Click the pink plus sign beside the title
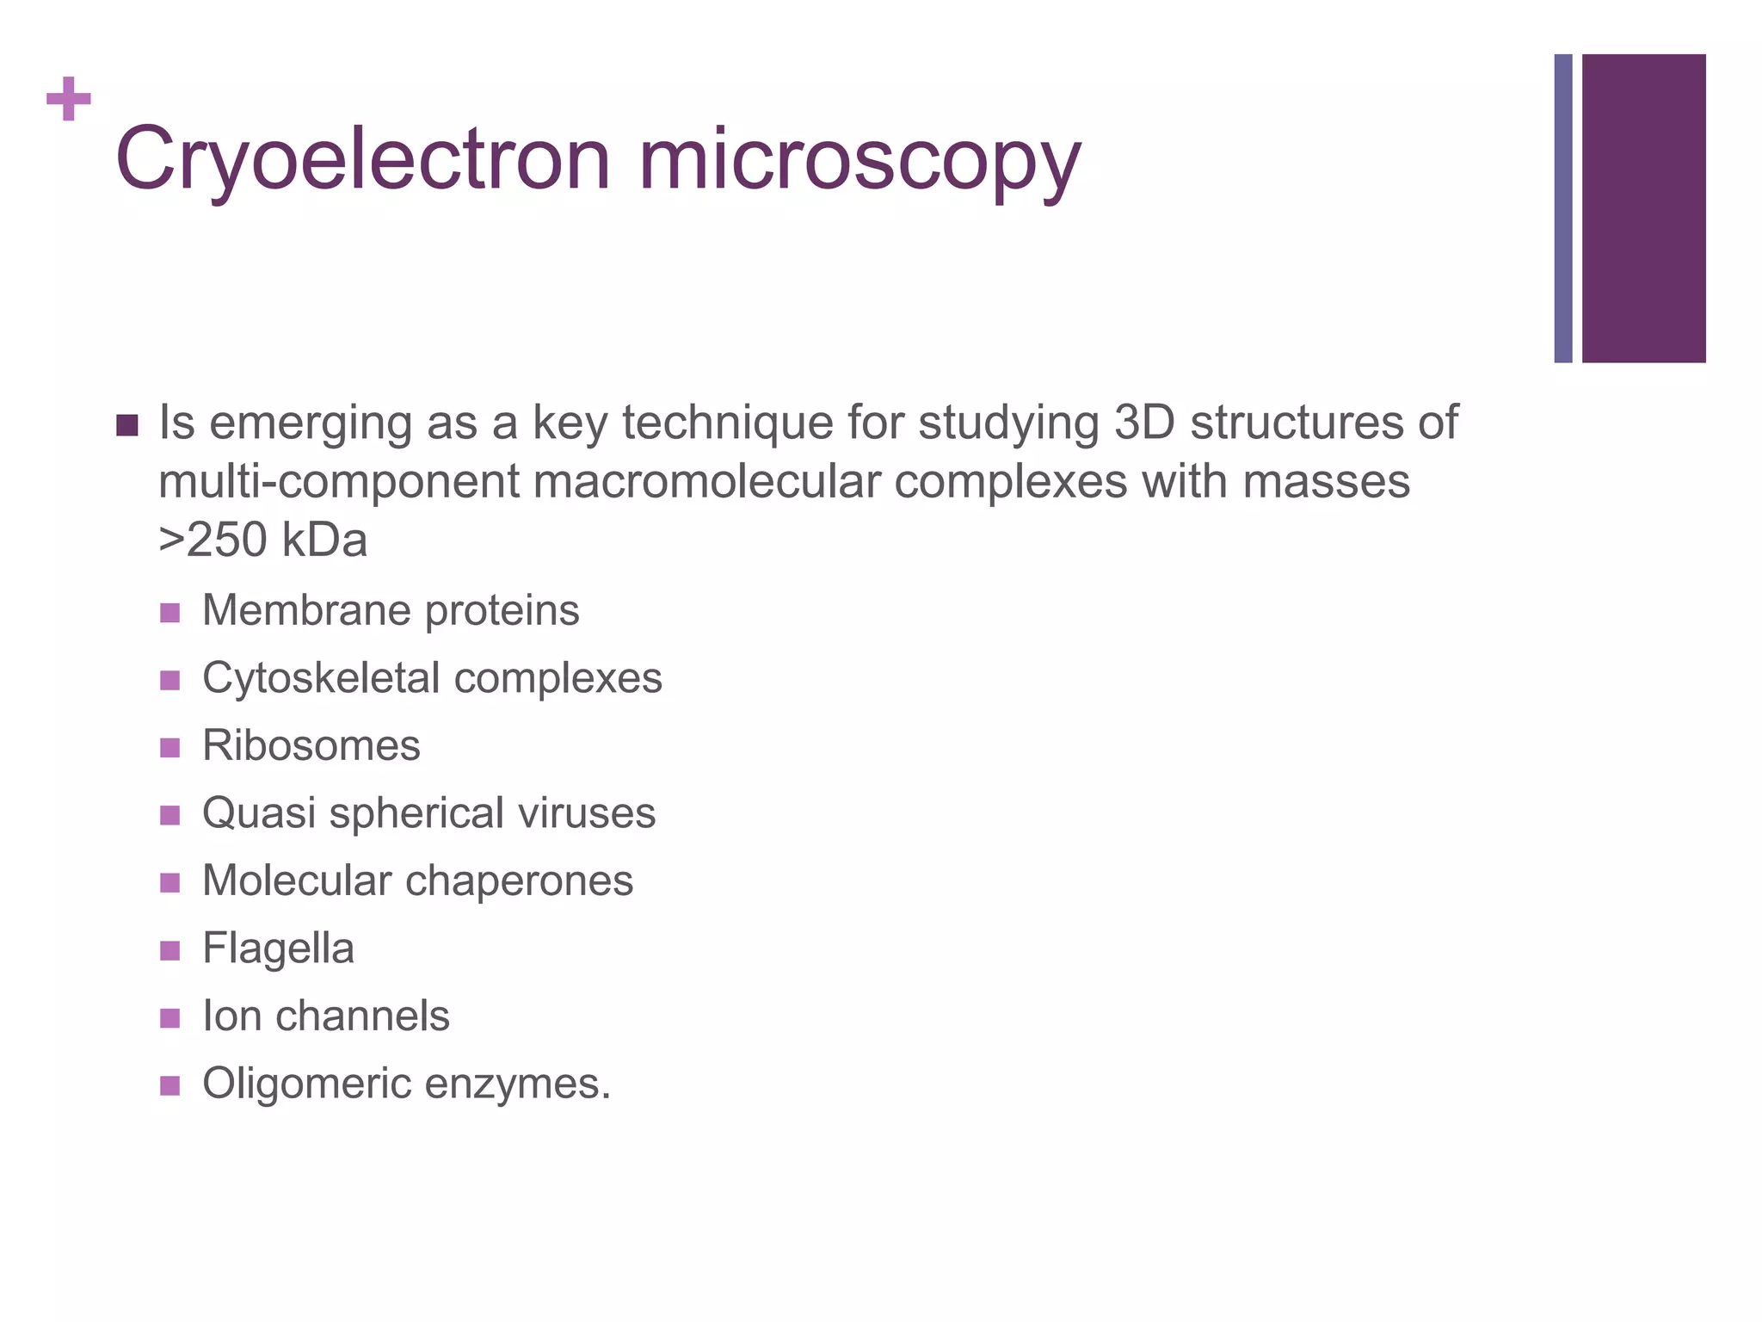pos(69,99)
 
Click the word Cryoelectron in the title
pos(362,160)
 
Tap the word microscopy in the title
pos(859,160)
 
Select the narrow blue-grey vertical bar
pos(1562,208)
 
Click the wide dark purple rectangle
pos(1643,208)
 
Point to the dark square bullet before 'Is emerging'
pos(126,425)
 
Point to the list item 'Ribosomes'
pos(311,745)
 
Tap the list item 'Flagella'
pos(278,948)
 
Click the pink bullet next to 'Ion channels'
pos(169,1018)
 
